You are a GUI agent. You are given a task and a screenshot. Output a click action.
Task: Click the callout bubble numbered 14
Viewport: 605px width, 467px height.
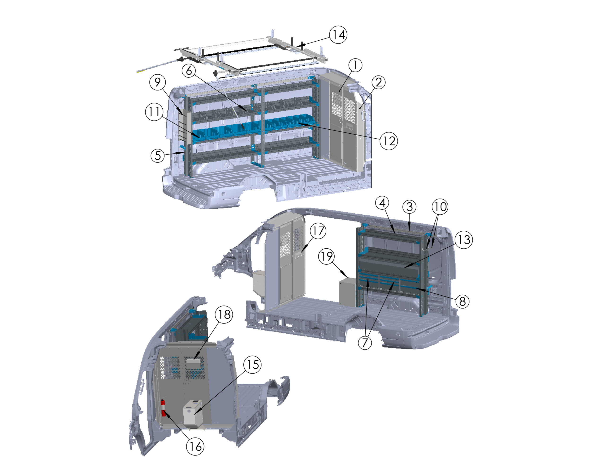[338, 35]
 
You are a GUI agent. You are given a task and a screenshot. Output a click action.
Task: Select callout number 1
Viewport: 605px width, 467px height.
[355, 65]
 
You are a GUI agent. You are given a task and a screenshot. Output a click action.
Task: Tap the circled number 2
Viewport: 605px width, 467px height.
[378, 82]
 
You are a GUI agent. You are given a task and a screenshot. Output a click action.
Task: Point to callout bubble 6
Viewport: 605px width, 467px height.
[189, 71]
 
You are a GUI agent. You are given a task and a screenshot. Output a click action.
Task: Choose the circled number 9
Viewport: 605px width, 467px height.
[157, 82]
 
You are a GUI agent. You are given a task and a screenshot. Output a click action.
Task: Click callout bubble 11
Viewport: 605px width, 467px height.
[154, 112]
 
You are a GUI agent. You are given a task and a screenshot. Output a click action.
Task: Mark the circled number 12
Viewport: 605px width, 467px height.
[389, 141]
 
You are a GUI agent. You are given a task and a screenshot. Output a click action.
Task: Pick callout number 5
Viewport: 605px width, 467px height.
[158, 156]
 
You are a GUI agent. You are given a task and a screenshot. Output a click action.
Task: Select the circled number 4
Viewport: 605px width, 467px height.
[383, 203]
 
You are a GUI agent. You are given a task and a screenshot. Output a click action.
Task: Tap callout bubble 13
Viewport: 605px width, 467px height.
[464, 240]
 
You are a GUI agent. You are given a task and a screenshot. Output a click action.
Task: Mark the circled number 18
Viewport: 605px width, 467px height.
[224, 314]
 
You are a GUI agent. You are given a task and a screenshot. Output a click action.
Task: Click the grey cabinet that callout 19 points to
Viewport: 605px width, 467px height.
[347, 292]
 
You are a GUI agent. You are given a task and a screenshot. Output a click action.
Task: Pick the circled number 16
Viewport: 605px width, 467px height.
[195, 446]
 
